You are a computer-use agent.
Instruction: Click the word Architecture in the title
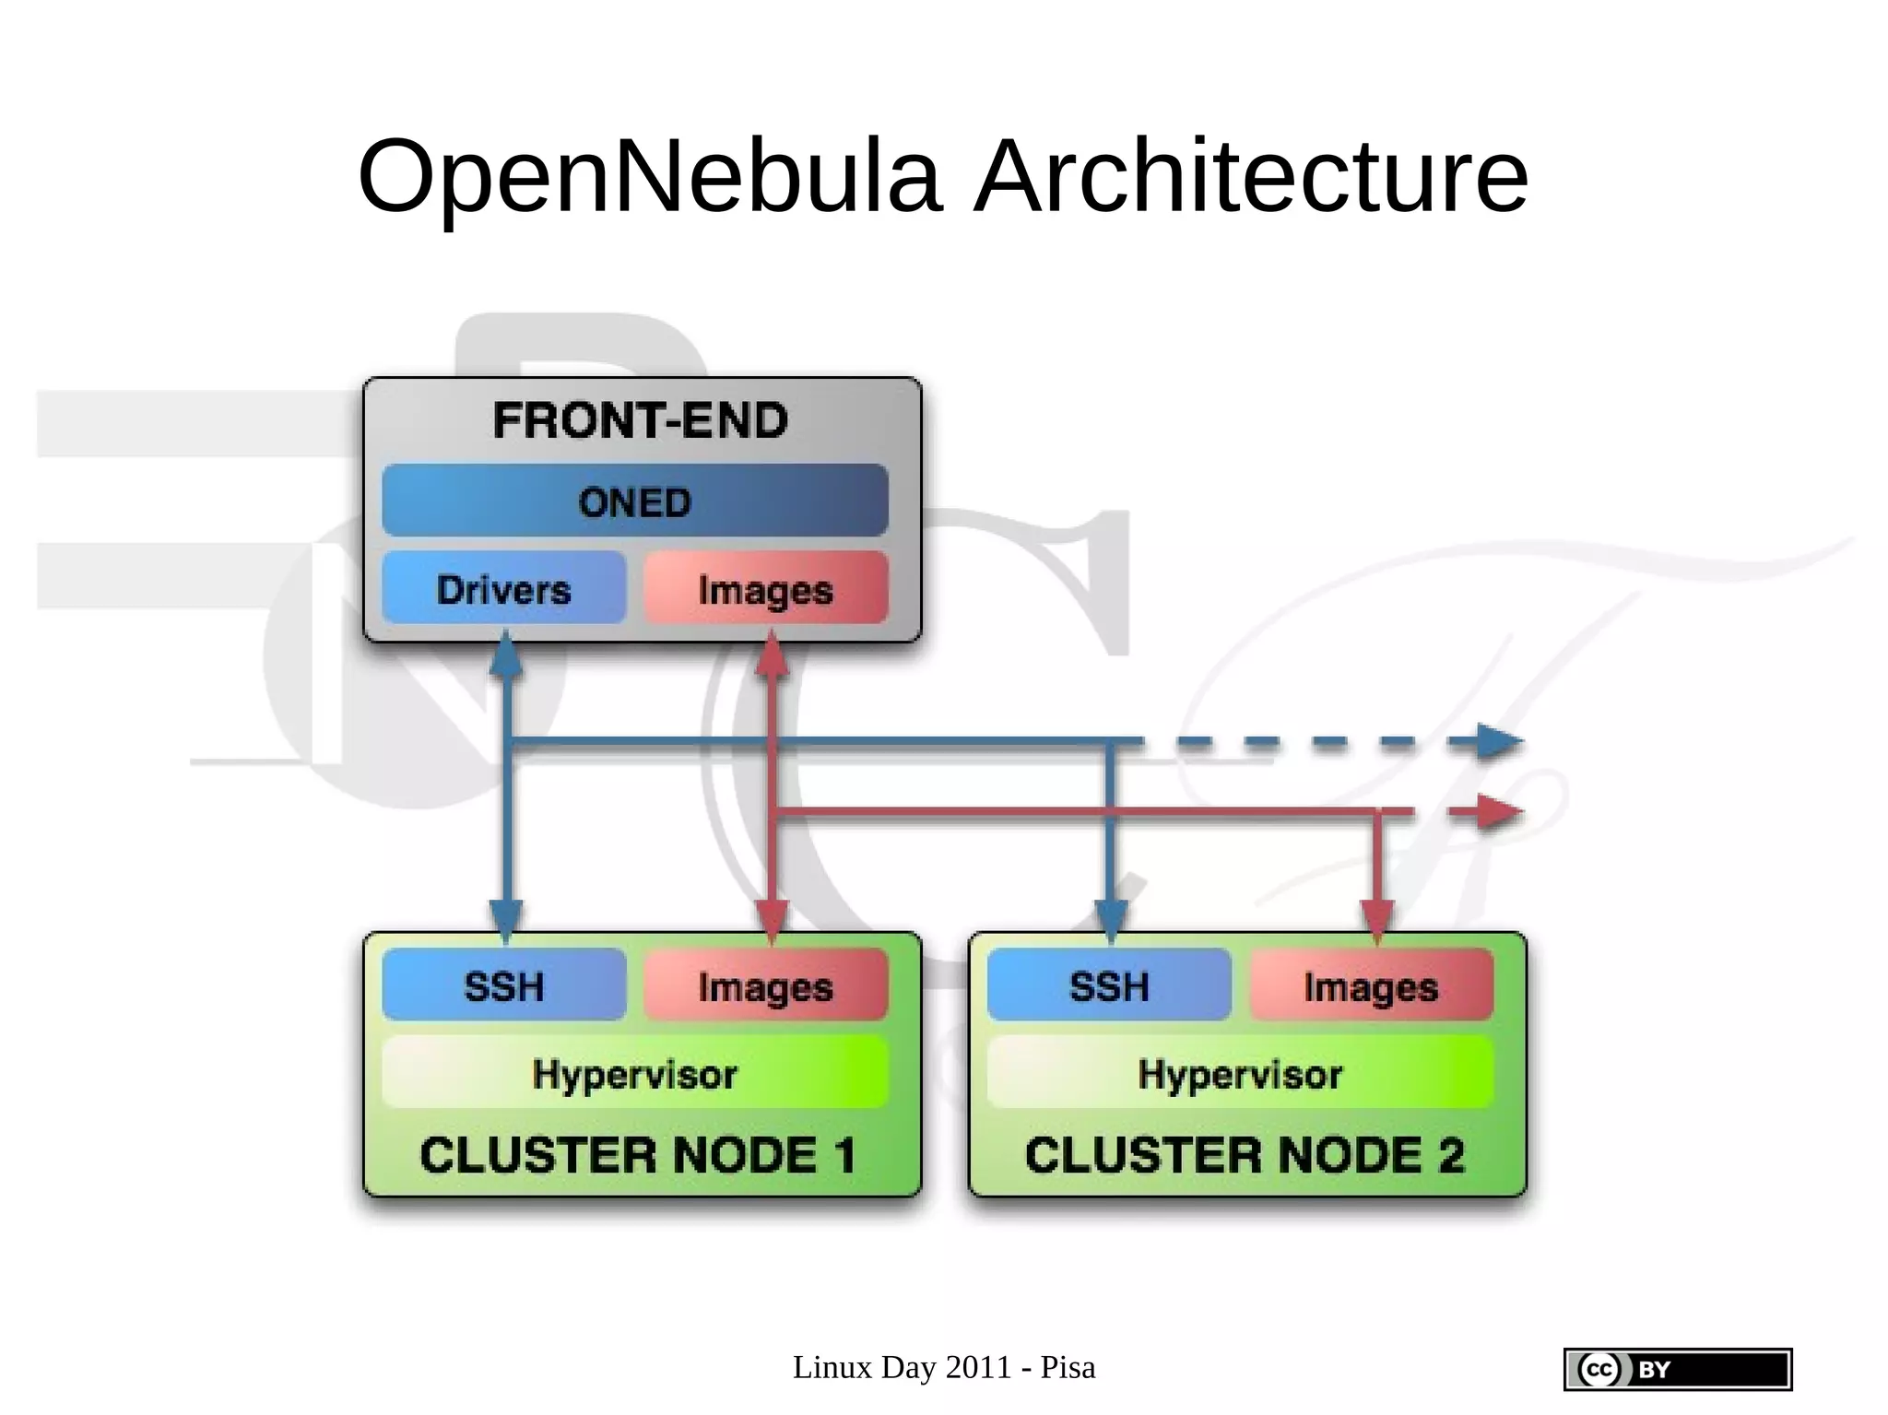[1251, 177]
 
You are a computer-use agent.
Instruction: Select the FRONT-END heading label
[641, 421]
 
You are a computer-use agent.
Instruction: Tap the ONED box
[635, 501]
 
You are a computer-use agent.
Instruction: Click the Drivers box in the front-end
[503, 589]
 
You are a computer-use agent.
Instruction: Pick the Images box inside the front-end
[765, 589]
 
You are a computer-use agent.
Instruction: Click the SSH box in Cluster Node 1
[503, 985]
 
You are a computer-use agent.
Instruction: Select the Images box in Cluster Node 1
[765, 985]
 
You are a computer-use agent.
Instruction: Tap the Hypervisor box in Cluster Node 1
[635, 1073]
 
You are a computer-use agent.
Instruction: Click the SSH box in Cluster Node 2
[1109, 985]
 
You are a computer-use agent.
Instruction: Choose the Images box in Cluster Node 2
[1371, 985]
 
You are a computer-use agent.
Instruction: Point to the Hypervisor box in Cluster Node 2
[1240, 1073]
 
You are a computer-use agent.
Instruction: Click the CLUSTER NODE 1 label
[638, 1155]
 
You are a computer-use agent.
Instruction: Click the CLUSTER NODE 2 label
[1245, 1155]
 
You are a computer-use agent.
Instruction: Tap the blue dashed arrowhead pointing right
[1498, 742]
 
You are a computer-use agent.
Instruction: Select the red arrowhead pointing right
[1498, 812]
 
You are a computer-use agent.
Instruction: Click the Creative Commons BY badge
[1677, 1369]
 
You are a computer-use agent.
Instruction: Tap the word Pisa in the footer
[1068, 1368]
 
